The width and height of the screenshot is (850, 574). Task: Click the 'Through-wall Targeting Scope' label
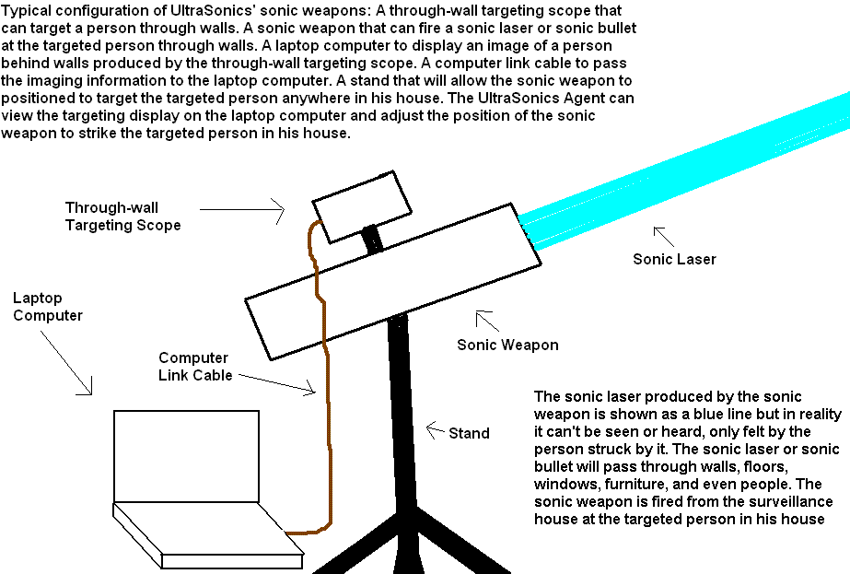coord(122,216)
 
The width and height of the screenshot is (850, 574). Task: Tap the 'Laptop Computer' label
coord(48,307)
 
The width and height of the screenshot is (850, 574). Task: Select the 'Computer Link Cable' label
coord(195,367)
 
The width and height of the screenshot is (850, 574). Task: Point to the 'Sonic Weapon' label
coord(507,345)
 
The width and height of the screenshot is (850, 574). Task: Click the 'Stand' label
coord(469,432)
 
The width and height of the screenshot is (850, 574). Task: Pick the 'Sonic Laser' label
coord(674,259)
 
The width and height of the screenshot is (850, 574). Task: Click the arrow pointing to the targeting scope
coord(242,212)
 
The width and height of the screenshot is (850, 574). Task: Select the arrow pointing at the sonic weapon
coord(487,322)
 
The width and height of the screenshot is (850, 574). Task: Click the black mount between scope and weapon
coord(373,237)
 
